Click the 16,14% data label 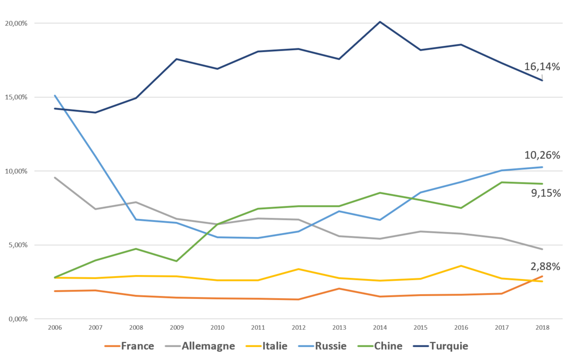[542, 67]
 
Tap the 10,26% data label [542, 156]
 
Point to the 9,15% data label [546, 193]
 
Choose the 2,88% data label [545, 266]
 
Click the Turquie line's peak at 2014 [380, 21]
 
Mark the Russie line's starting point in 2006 [55, 95]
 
